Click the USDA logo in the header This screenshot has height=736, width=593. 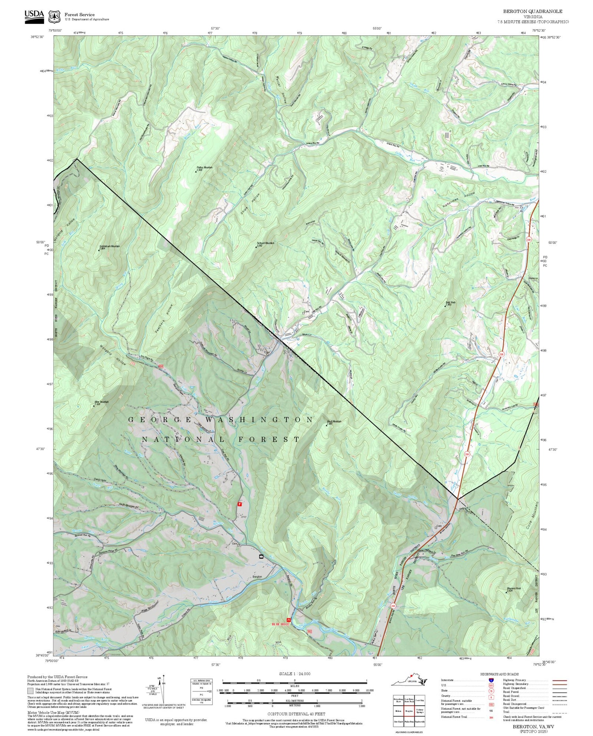(x=34, y=15)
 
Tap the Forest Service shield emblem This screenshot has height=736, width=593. (x=54, y=17)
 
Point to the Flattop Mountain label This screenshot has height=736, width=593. (x=204, y=168)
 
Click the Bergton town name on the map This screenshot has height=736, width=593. (x=257, y=577)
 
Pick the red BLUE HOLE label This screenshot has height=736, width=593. (x=280, y=624)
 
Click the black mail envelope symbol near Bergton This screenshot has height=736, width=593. (x=261, y=556)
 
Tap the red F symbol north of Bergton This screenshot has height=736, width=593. (x=239, y=504)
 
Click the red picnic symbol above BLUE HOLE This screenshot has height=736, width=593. (x=288, y=619)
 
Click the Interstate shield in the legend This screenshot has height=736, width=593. (x=491, y=679)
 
